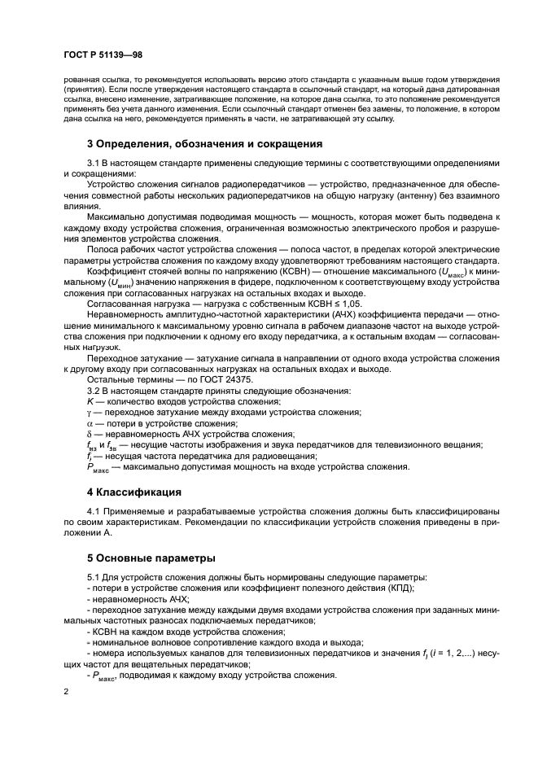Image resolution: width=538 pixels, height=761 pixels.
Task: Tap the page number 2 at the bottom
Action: point(67,691)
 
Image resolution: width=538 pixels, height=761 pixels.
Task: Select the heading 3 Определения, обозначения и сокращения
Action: point(205,144)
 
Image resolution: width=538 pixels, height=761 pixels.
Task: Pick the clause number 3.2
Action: point(95,391)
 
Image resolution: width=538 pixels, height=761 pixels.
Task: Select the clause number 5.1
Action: point(95,577)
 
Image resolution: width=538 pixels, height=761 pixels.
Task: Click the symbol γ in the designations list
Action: point(90,413)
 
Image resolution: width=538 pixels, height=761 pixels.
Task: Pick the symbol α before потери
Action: point(90,423)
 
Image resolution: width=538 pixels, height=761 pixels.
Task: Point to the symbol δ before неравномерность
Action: point(90,434)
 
